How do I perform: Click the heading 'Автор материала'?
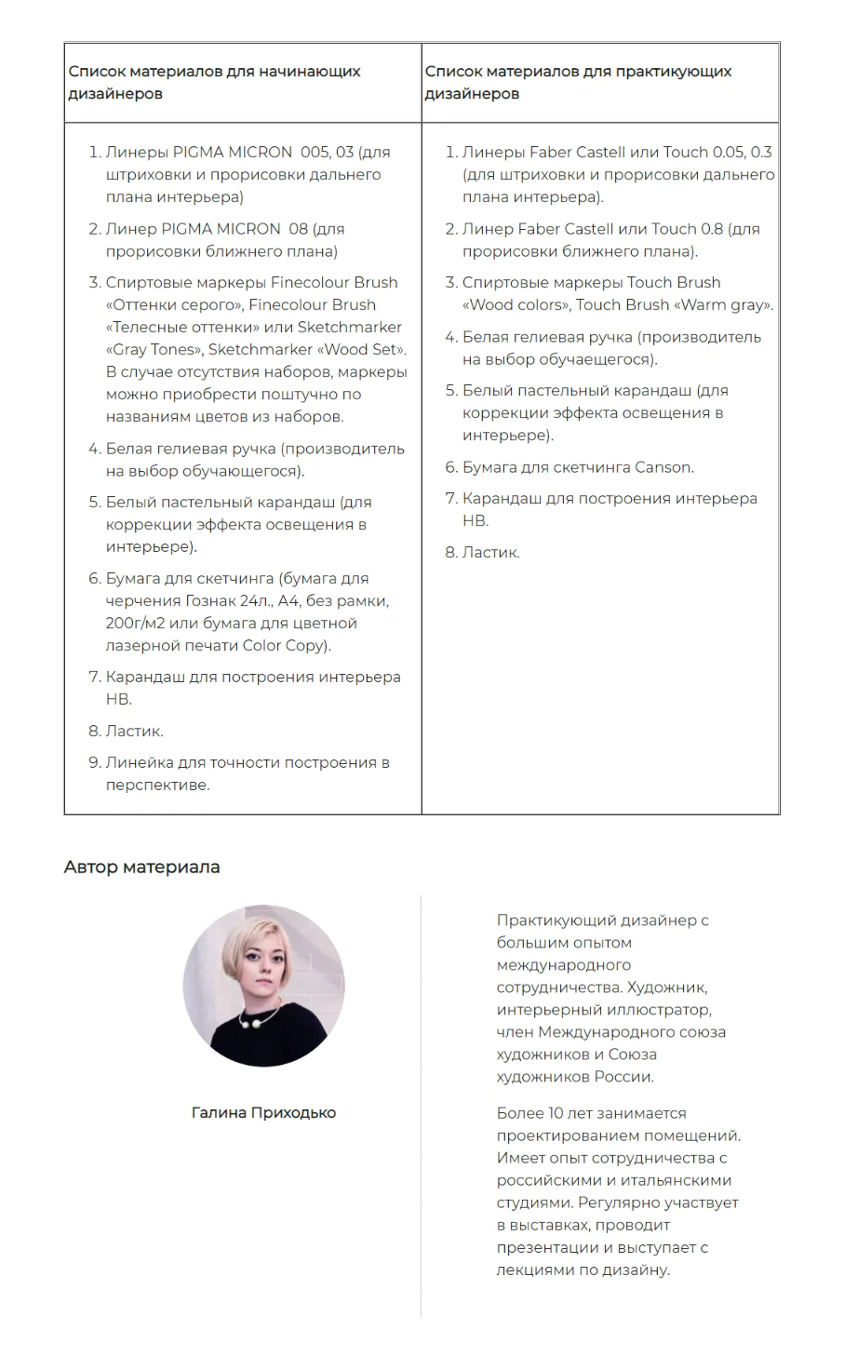click(141, 867)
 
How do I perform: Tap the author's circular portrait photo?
click(263, 985)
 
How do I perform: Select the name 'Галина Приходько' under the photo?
click(263, 1112)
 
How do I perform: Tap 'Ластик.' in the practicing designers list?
click(491, 552)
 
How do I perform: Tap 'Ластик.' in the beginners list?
click(135, 731)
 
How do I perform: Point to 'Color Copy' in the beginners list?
click(285, 645)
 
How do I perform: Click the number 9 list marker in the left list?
click(94, 762)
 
